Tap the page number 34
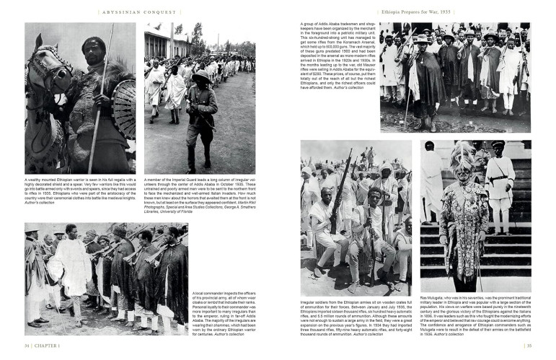coord(27,345)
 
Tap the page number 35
coord(528,345)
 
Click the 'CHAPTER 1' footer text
coord(48,345)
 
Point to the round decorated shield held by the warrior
coord(124,108)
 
